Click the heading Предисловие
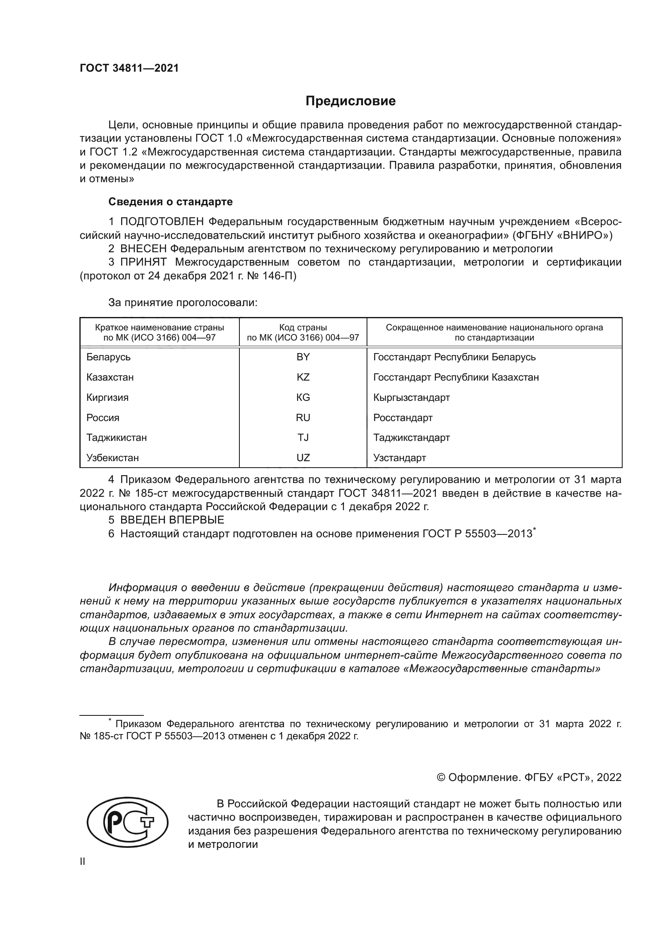pos(350,101)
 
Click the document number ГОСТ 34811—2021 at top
pos(129,68)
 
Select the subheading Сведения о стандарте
pos(171,202)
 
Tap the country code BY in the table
pos(303,357)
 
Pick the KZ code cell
pos(303,377)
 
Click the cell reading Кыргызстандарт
pos(411,398)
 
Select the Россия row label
pos(103,418)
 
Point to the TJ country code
pos(303,438)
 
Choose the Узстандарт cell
pos(399,458)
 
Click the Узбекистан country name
pos(112,458)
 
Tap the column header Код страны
pos(303,328)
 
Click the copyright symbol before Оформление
pos(441,777)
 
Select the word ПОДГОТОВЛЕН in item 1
pos(162,222)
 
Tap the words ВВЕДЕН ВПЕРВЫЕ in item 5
pos(172,520)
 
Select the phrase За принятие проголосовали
pos(183,303)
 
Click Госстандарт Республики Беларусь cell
pos(454,357)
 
